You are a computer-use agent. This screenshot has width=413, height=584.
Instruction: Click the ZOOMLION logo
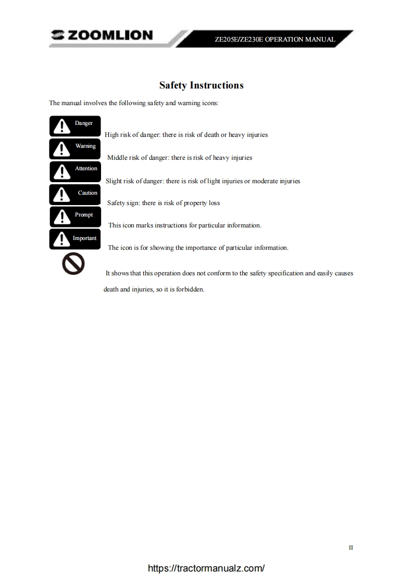tap(102, 35)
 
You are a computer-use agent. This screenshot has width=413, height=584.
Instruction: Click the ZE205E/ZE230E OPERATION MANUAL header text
tap(274, 40)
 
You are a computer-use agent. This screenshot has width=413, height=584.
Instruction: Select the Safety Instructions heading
tap(201, 85)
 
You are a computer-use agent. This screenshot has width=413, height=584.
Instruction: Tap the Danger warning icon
tap(74, 126)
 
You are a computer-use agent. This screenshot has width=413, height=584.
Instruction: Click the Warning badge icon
tap(74, 149)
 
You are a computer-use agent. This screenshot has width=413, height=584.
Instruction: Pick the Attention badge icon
tap(74, 171)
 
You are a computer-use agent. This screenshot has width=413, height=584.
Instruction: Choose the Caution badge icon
tap(74, 195)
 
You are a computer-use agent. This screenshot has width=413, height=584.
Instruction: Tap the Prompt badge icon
tap(74, 217)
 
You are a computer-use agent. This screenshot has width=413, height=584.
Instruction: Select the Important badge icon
tap(74, 239)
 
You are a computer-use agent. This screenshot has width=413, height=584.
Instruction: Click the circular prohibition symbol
tap(73, 264)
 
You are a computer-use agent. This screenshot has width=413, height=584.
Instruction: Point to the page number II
tap(351, 548)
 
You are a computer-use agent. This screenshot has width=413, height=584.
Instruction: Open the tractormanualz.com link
tap(206, 568)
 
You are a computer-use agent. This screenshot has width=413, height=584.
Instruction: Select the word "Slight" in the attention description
tap(114, 181)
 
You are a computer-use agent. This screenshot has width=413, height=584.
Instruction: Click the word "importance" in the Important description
tap(202, 248)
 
